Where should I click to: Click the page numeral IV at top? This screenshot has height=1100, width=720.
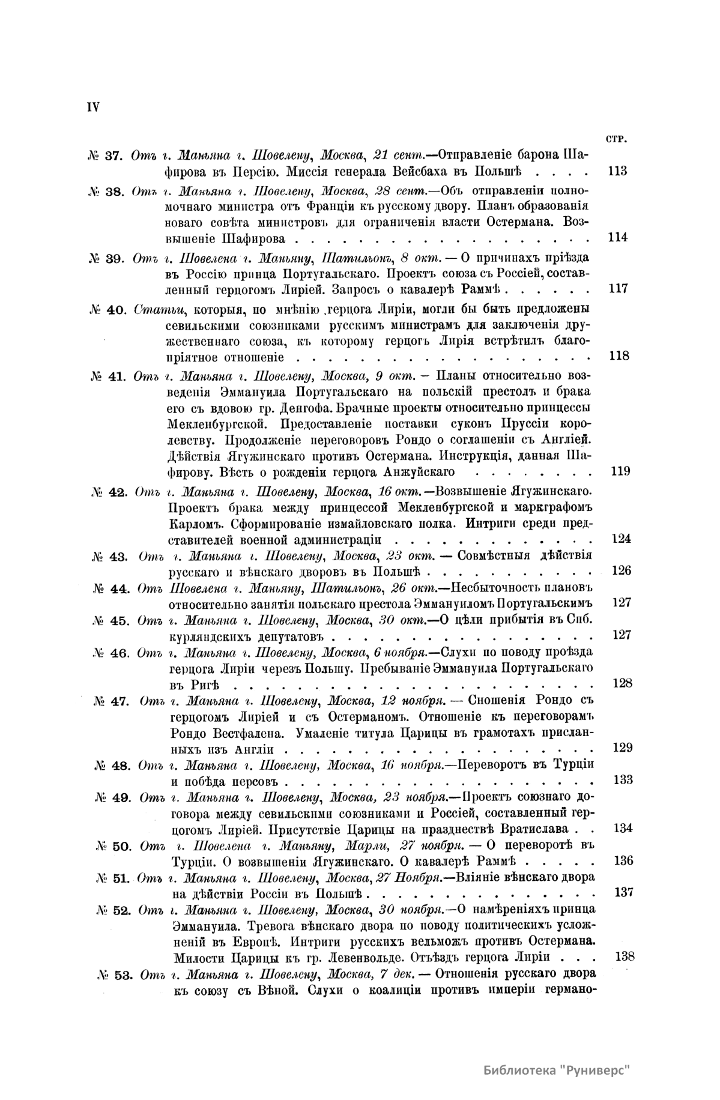point(94,107)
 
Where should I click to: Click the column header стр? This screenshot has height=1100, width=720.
point(617,140)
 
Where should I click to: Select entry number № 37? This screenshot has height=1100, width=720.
point(104,156)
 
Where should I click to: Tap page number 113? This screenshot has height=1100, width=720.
point(617,171)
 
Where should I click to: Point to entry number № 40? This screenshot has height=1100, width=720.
point(106,310)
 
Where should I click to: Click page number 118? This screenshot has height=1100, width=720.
point(619,356)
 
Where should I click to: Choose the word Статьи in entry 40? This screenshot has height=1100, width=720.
point(156,310)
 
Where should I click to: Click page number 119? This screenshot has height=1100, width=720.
point(620,471)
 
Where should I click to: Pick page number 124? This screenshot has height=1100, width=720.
point(621,539)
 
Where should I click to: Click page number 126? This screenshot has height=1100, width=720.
point(622,570)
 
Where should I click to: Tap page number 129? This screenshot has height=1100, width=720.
point(623,748)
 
